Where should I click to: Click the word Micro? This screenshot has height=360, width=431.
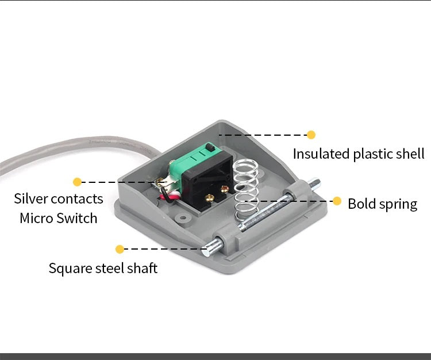pyautogui.click(x=36, y=219)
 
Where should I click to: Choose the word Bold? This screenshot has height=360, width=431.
pyautogui.click(x=361, y=204)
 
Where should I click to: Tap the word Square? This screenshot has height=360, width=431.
pyautogui.click(x=68, y=269)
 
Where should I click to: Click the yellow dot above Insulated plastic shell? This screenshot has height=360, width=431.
pyautogui.click(x=311, y=135)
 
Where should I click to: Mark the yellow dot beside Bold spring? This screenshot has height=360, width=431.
pyautogui.click(x=337, y=201)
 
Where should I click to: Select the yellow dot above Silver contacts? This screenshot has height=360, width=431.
pyautogui.click(x=77, y=182)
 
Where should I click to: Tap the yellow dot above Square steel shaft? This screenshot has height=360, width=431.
pyautogui.click(x=120, y=249)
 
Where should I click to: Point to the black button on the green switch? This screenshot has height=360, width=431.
pyautogui.click(x=212, y=150)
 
